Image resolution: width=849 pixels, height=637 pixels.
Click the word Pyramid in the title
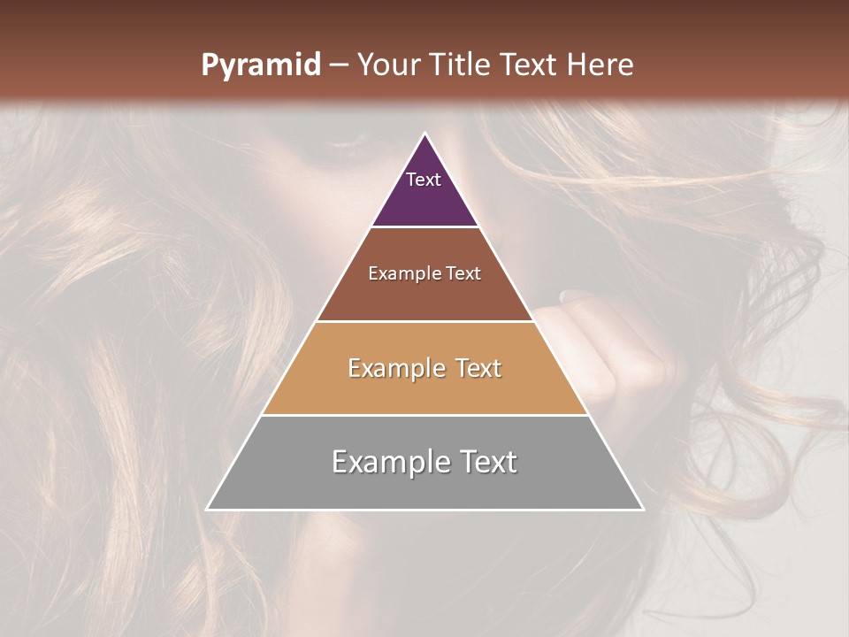pyautogui.click(x=260, y=65)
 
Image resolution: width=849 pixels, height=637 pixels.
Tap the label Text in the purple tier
pyautogui.click(x=424, y=180)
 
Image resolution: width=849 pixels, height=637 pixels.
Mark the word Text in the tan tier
pyautogui.click(x=477, y=368)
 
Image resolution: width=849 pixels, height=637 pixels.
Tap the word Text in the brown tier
pyautogui.click(x=463, y=274)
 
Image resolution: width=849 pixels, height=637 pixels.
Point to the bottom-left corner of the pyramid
pyautogui.click(x=207, y=509)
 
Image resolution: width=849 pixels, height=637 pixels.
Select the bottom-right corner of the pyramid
pyautogui.click(x=643, y=509)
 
